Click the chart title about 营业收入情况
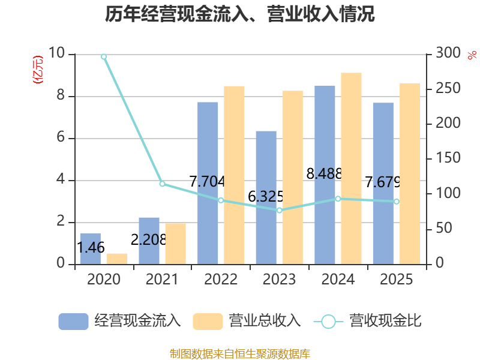click(239, 14)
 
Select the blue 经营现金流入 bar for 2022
click(208, 183)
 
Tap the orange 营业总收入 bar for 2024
click(351, 169)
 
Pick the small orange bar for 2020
click(117, 259)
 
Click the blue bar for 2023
click(266, 198)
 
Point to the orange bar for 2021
click(176, 244)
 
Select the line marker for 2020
click(104, 56)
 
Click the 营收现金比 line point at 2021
click(162, 184)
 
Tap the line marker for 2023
click(279, 211)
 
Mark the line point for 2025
click(397, 202)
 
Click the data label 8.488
click(324, 174)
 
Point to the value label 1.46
click(91, 247)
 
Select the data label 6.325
click(265, 197)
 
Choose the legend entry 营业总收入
click(247, 321)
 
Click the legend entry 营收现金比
click(368, 321)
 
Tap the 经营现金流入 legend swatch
click(73, 322)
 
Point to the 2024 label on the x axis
click(338, 279)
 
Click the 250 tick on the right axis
click(448, 88)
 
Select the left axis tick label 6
click(61, 137)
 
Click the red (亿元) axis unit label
click(38, 70)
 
